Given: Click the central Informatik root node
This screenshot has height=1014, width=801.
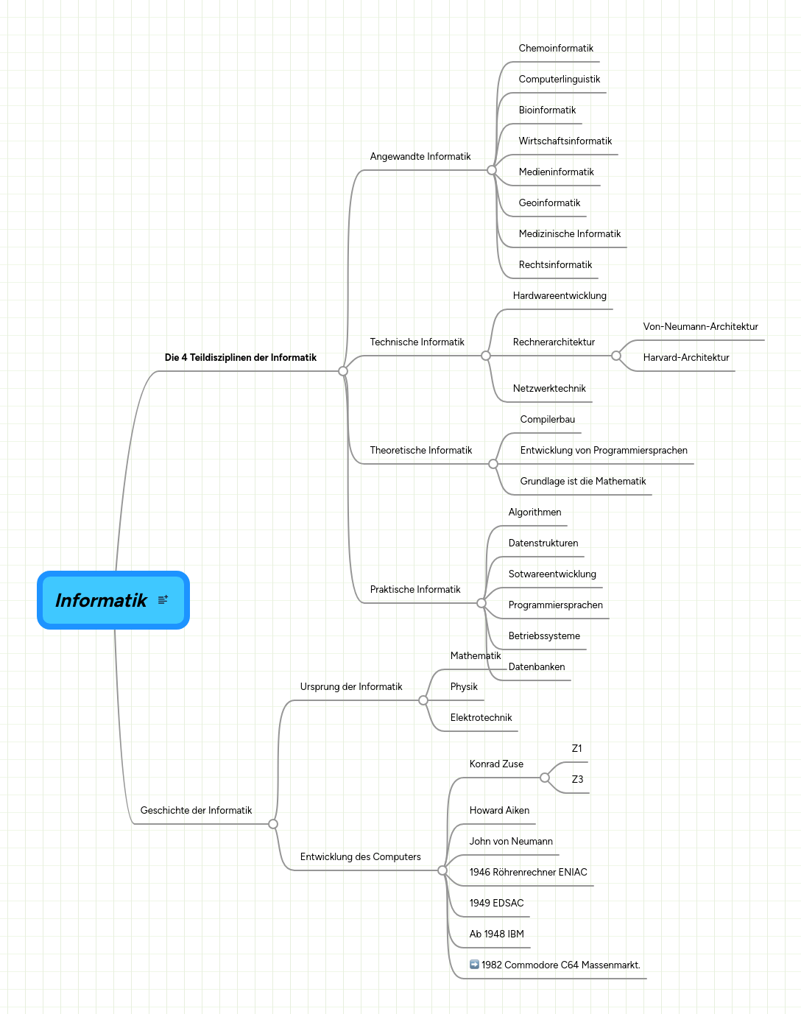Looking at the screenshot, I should point(102,600).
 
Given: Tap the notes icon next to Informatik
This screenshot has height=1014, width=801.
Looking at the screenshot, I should point(163,600).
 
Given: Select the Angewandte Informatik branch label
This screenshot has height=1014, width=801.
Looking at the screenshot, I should point(420,157).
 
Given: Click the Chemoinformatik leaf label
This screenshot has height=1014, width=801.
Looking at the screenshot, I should point(555,49).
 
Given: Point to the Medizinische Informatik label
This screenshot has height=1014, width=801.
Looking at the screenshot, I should point(569,234).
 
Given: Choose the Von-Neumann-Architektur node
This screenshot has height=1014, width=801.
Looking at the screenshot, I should point(700,327).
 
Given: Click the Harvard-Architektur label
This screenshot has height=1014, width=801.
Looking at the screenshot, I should point(685,358).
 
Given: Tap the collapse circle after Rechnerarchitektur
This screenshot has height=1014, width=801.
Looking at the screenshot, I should point(616,356).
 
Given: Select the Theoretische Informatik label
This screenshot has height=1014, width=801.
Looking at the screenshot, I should point(420,451).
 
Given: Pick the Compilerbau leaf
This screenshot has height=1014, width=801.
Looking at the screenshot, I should point(547,420).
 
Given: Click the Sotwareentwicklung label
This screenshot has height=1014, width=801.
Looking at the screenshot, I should point(552,574).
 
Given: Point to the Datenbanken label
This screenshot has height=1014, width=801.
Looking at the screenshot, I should point(537,667).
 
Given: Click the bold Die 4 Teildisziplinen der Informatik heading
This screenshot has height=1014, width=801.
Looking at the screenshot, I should point(240,358).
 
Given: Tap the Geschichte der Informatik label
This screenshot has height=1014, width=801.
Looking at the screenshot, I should point(196,811).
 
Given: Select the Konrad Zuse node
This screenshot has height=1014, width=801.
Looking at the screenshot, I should point(496,764).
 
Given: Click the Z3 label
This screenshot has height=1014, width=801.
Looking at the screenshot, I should point(577,780).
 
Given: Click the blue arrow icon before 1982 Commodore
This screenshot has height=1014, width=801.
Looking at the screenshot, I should point(474,965).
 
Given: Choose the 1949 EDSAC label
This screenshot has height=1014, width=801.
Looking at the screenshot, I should point(496,904).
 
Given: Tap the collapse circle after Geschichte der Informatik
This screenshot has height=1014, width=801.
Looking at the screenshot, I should point(273,824).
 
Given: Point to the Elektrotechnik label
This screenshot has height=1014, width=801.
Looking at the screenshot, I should point(481,718).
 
